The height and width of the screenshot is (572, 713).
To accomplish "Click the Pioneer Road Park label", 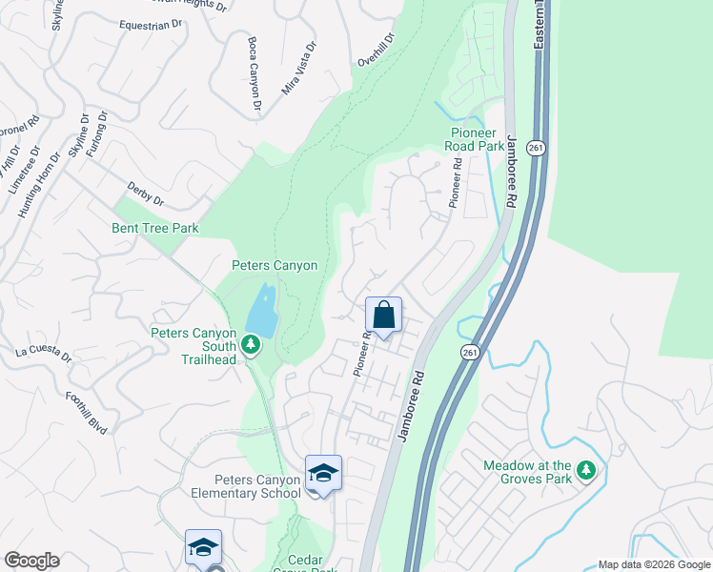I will tap(474, 139).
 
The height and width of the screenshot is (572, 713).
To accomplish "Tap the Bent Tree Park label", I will tap(154, 228).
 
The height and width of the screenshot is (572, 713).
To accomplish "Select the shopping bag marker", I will tap(383, 315).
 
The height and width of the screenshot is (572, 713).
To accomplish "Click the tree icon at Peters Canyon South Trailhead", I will tap(251, 342).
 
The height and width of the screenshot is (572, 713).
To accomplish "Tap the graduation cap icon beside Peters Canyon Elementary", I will tap(323, 473).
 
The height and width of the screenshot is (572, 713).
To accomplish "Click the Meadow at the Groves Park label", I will tap(527, 471).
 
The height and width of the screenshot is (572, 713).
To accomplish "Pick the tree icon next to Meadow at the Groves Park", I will tap(587, 471).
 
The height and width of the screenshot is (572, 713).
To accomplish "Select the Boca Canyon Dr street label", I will tap(254, 76).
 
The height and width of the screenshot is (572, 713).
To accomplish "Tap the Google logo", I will tap(31, 561).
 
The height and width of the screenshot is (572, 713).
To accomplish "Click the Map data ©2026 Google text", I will tap(654, 564).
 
